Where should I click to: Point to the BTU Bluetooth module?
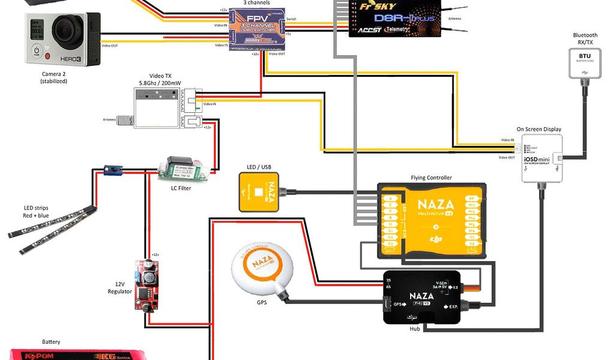584,62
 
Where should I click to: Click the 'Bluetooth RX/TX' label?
585,39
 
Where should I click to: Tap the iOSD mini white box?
542,158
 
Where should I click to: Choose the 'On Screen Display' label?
539,129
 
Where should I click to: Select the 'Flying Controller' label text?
431,178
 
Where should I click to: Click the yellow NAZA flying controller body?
431,220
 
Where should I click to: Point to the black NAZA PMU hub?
422,297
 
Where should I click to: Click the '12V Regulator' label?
119,287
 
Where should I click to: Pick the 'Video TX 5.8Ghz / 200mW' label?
156,79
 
